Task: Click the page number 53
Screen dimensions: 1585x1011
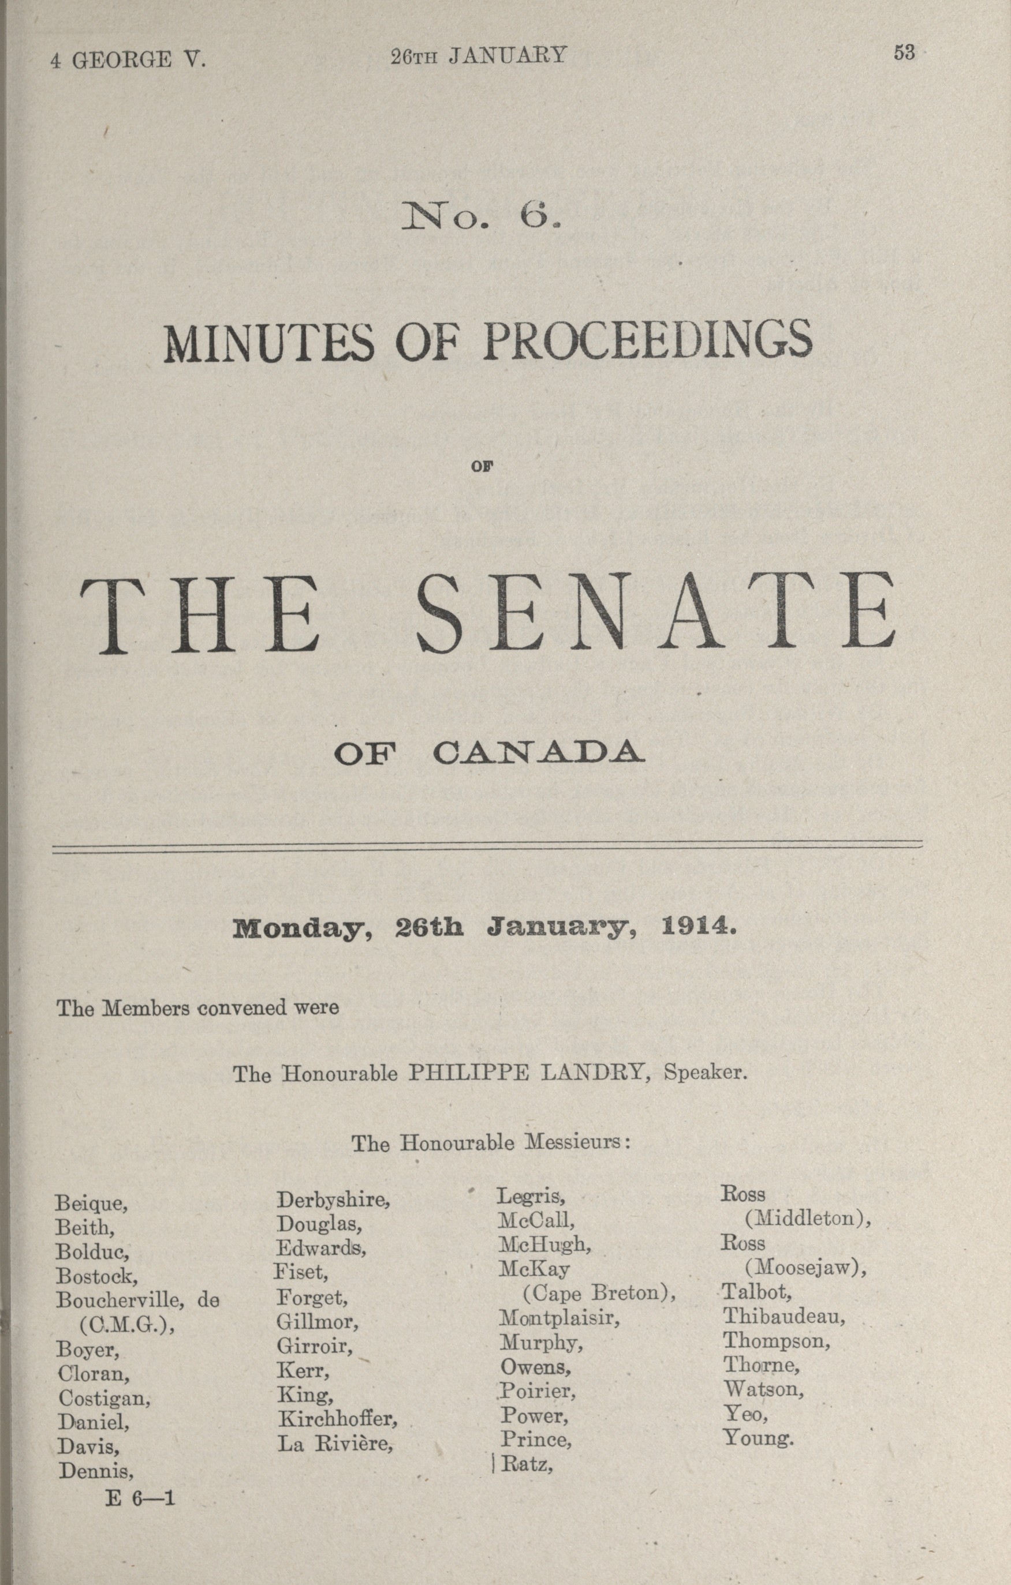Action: click(x=904, y=53)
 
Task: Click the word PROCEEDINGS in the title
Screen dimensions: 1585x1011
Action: click(x=648, y=341)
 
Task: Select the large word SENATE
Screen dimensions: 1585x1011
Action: click(x=656, y=613)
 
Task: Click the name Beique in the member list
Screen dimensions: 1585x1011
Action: click(x=91, y=1204)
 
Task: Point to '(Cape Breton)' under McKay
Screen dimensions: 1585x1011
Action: click(x=599, y=1294)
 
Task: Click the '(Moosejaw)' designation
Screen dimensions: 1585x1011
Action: click(x=805, y=1268)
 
